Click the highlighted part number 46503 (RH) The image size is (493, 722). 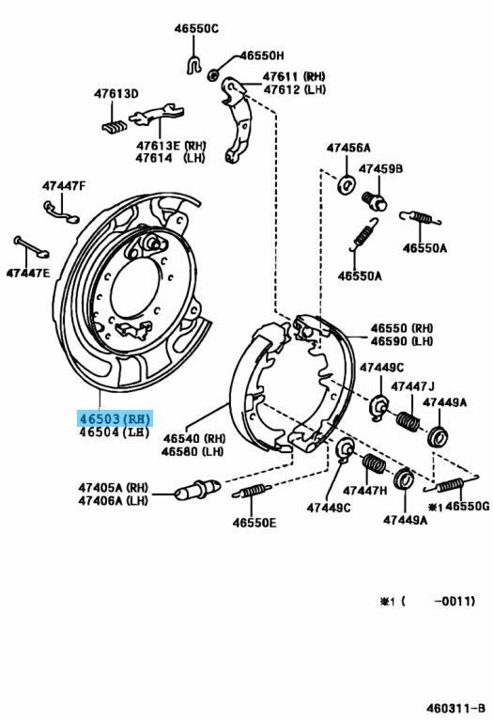[x=115, y=419]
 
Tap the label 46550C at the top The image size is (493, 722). [x=196, y=28]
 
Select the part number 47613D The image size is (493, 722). [x=116, y=94]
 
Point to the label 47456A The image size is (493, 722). [x=348, y=148]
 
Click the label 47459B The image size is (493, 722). [x=381, y=169]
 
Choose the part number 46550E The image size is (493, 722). [x=254, y=523]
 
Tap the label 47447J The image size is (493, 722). [x=412, y=386]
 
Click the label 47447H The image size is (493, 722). [x=365, y=491]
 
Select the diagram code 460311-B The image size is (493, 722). [x=455, y=708]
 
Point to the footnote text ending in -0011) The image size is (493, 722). [x=427, y=601]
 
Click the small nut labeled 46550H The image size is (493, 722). [x=213, y=74]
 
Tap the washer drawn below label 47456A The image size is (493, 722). [x=346, y=184]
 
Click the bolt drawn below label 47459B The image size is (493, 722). [x=375, y=202]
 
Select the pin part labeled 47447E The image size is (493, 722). [x=31, y=247]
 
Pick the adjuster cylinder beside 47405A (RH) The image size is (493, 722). [x=197, y=490]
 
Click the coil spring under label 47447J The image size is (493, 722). [x=408, y=421]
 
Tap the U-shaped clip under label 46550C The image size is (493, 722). [x=194, y=65]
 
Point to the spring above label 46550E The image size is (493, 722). [x=252, y=491]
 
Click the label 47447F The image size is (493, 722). [x=64, y=186]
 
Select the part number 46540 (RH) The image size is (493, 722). [x=194, y=438]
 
